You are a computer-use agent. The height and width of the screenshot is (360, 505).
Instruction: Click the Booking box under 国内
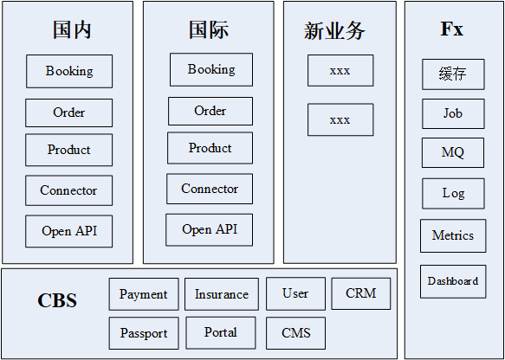pos(69,71)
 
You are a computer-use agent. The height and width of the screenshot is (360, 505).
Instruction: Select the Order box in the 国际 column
pos(210,111)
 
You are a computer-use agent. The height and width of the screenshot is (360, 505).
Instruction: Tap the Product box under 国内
pos(69,150)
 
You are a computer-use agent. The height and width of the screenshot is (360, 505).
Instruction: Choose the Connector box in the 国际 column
pos(210,189)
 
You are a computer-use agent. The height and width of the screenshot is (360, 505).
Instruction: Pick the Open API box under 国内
pos(69,231)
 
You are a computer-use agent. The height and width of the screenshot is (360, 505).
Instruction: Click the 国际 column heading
pos(209,30)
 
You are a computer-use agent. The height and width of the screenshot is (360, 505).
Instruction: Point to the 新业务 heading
pos(334,31)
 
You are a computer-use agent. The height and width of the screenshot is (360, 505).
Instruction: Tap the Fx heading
pos(452,29)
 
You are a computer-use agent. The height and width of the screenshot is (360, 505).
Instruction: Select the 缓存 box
pos(453,74)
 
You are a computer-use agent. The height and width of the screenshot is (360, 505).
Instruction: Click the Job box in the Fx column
pos(453,113)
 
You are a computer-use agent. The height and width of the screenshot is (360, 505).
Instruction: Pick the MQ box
pos(453,153)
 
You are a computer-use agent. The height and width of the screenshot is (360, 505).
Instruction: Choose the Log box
pos(453,194)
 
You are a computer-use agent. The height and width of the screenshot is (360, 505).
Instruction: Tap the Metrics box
pos(453,236)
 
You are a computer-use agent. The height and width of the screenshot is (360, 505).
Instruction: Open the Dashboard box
pos(453,281)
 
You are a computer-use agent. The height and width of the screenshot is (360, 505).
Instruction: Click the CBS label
pos(57,300)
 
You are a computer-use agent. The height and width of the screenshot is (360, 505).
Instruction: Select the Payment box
pos(144,294)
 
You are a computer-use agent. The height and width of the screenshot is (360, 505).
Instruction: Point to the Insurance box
pos(222,294)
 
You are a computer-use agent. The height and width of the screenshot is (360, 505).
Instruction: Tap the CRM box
pos(361,293)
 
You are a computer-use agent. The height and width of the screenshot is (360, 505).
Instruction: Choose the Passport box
pos(144,333)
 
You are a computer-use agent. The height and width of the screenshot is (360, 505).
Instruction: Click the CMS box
pos(296,333)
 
